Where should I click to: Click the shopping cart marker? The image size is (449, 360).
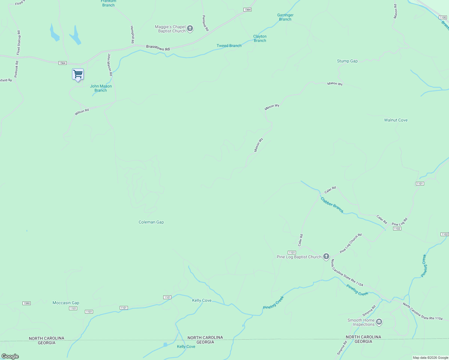(78, 74)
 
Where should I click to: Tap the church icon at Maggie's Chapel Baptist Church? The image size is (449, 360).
(190, 29)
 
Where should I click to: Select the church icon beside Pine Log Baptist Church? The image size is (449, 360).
(326, 257)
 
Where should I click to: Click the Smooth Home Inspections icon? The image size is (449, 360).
(379, 322)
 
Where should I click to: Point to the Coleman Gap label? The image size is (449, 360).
(151, 222)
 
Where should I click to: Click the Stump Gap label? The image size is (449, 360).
(347, 61)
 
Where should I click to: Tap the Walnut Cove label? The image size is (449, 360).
(396, 120)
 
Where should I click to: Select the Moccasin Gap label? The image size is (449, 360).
(66, 303)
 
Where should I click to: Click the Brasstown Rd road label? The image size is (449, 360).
(158, 48)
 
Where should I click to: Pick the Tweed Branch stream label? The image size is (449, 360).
(229, 46)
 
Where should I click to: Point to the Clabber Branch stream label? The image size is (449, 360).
(332, 205)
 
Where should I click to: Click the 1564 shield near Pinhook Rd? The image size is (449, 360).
(62, 63)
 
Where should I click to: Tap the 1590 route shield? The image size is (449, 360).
(27, 303)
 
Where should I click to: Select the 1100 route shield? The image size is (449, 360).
(443, 17)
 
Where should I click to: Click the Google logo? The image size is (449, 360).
(10, 356)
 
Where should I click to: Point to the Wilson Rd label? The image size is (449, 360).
(82, 112)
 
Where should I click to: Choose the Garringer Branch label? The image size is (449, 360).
(285, 17)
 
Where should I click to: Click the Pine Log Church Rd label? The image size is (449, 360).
(351, 243)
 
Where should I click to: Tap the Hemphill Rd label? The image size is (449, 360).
(132, 34)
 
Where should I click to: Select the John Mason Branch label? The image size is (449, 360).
(101, 88)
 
